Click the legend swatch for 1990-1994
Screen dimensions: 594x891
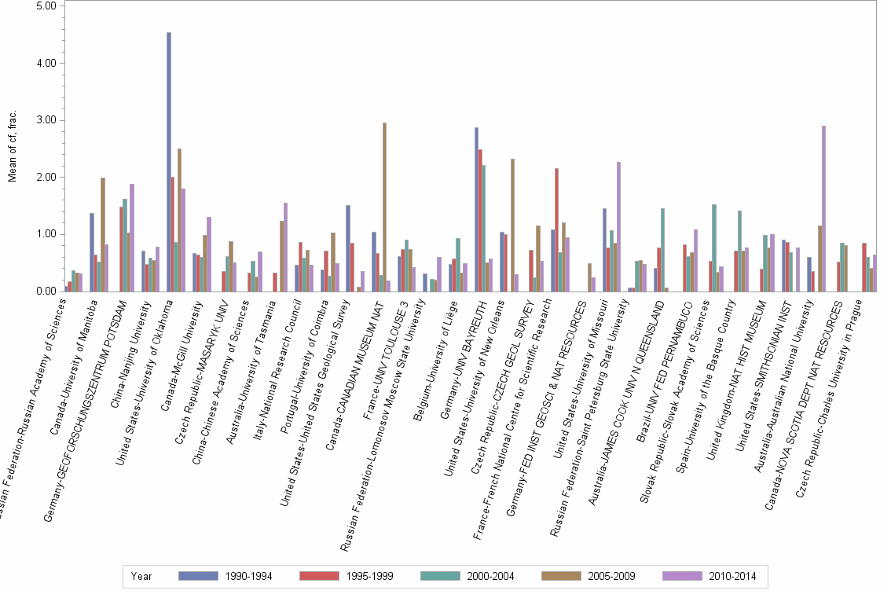point(197,576)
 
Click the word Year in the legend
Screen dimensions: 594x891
point(142,576)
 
